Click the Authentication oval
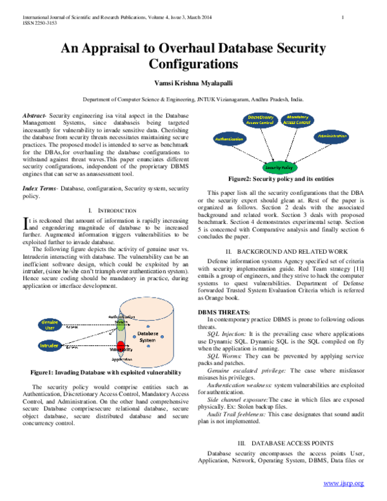point(230,139)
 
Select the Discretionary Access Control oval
point(261,120)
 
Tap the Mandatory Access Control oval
point(297,120)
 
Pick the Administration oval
point(332,137)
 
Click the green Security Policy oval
point(280,167)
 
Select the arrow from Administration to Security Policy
point(311,152)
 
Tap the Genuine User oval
point(50,324)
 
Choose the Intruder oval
point(50,345)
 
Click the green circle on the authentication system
point(121,326)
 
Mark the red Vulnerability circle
point(121,345)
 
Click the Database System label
point(148,336)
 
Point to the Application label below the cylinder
point(122,359)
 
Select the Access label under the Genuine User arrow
point(73,328)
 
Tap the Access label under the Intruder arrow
point(73,349)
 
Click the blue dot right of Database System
point(162,336)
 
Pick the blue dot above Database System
point(148,325)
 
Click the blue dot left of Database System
point(134,336)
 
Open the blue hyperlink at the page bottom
point(343,483)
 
